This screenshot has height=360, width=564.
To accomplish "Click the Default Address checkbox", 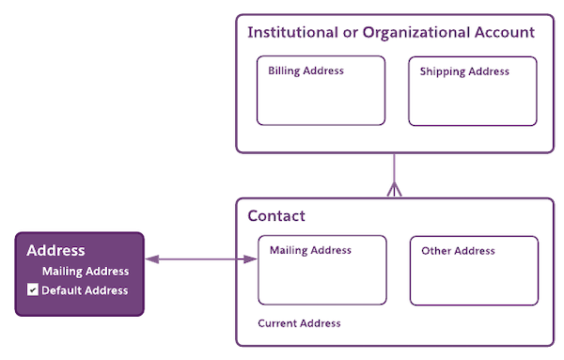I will click(33, 290).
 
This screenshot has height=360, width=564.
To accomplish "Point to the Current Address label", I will click(299, 323).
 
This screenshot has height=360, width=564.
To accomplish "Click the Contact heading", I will click(276, 216).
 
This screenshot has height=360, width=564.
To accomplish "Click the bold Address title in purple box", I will click(56, 251).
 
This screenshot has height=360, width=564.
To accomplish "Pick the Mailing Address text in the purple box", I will click(86, 272).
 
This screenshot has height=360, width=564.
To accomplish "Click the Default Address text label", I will click(85, 290).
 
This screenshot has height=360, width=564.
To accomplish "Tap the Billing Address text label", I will click(305, 70).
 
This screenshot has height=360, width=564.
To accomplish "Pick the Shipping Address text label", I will click(464, 71).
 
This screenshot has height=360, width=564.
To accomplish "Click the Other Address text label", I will click(458, 251).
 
